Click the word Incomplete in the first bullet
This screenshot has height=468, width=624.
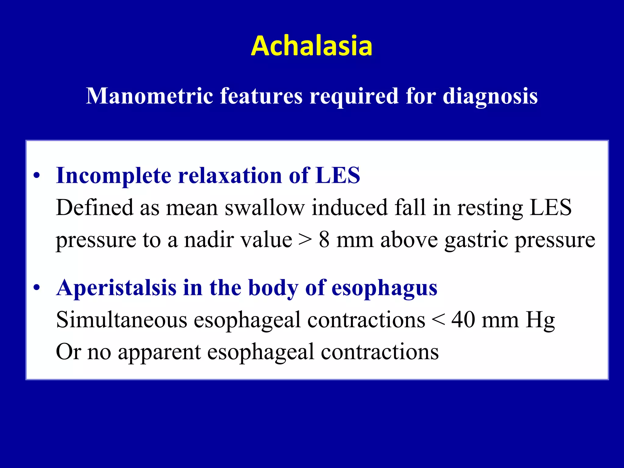click(x=113, y=176)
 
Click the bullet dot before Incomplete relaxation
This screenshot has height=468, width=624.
click(x=37, y=176)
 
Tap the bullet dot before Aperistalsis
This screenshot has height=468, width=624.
click(x=37, y=288)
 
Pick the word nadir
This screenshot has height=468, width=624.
click(x=207, y=239)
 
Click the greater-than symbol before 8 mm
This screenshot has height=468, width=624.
click(x=305, y=239)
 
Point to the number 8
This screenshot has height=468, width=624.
click(x=324, y=239)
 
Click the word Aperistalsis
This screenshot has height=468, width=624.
click(x=116, y=288)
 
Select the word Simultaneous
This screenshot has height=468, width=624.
click(x=122, y=320)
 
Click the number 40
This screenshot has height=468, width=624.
click(x=463, y=320)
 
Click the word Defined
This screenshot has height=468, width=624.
click(x=94, y=207)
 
